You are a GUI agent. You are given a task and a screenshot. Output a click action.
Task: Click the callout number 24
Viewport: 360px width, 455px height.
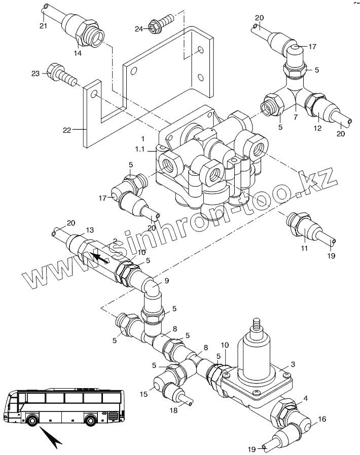pyautogui.click(x=139, y=29)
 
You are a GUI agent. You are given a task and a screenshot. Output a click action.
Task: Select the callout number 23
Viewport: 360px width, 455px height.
pyautogui.click(x=35, y=73)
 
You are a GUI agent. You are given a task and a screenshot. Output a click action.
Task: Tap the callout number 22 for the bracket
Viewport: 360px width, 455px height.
pyautogui.click(x=67, y=130)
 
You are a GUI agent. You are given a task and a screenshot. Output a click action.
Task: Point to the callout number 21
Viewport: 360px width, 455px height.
pyautogui.click(x=43, y=26)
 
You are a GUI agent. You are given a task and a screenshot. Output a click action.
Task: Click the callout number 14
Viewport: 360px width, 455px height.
pyautogui.click(x=78, y=53)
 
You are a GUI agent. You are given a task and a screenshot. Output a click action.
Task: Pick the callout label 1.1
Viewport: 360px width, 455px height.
pyautogui.click(x=139, y=149)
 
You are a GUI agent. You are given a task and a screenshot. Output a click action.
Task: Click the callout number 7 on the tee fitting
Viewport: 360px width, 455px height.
pyautogui.click(x=296, y=117)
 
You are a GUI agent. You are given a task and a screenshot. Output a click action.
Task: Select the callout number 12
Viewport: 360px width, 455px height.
pyautogui.click(x=317, y=128)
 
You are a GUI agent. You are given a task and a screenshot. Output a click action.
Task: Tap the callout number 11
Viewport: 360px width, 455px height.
pyautogui.click(x=304, y=248)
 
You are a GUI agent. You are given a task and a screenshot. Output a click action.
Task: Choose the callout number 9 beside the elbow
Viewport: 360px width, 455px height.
pyautogui.click(x=166, y=281)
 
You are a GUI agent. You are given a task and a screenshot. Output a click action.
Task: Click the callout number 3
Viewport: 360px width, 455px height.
pyautogui.click(x=293, y=364)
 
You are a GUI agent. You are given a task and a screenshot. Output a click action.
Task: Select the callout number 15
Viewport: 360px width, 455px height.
pyautogui.click(x=143, y=394)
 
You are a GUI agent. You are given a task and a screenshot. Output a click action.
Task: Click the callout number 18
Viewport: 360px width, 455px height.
pyautogui.click(x=173, y=410)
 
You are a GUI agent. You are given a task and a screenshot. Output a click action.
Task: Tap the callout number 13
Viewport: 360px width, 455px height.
pyautogui.click(x=90, y=230)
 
